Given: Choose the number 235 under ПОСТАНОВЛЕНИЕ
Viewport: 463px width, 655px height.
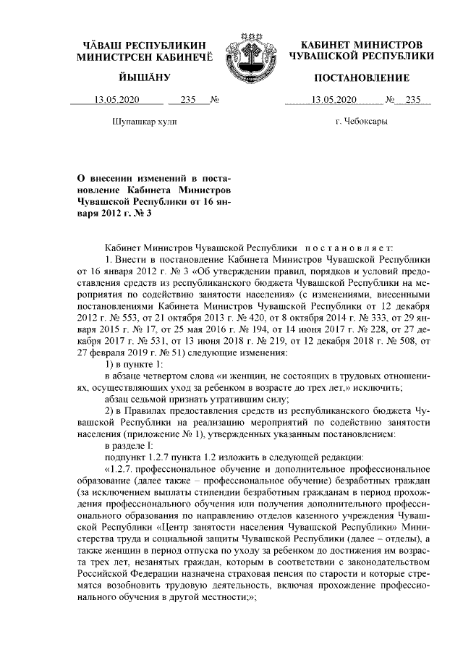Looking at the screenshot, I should click(x=413, y=100).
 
